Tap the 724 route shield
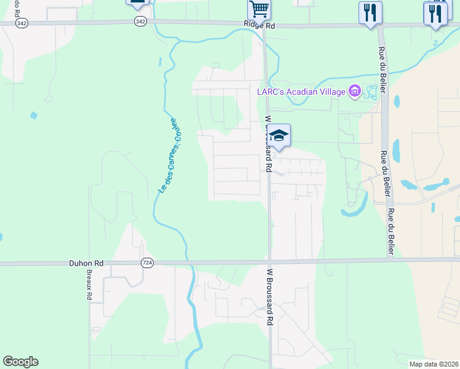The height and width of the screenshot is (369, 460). [147, 263]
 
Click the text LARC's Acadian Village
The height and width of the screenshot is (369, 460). [301, 92]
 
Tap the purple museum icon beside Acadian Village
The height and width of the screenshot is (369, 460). [354, 92]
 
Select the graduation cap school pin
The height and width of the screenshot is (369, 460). [279, 136]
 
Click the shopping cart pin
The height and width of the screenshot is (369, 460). [260, 9]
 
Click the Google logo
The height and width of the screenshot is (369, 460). [20, 362]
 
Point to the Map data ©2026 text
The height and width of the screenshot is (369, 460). [434, 364]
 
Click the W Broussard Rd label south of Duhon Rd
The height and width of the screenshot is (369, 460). [269, 296]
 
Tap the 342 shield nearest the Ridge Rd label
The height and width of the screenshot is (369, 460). [141, 21]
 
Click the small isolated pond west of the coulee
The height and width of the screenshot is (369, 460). [33, 115]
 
